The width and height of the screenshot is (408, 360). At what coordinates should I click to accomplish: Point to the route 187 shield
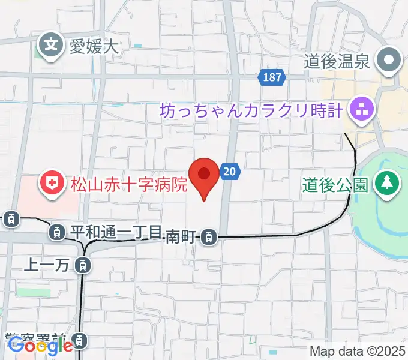[272, 77]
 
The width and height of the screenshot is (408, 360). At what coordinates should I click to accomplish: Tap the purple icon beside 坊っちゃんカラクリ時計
[362, 110]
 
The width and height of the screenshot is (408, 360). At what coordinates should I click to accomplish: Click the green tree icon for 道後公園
[386, 182]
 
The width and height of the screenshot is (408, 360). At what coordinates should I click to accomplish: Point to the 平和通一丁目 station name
[116, 231]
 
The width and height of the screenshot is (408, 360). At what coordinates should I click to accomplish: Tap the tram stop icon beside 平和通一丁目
[57, 231]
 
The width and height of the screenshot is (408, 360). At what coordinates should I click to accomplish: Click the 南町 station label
[181, 236]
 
